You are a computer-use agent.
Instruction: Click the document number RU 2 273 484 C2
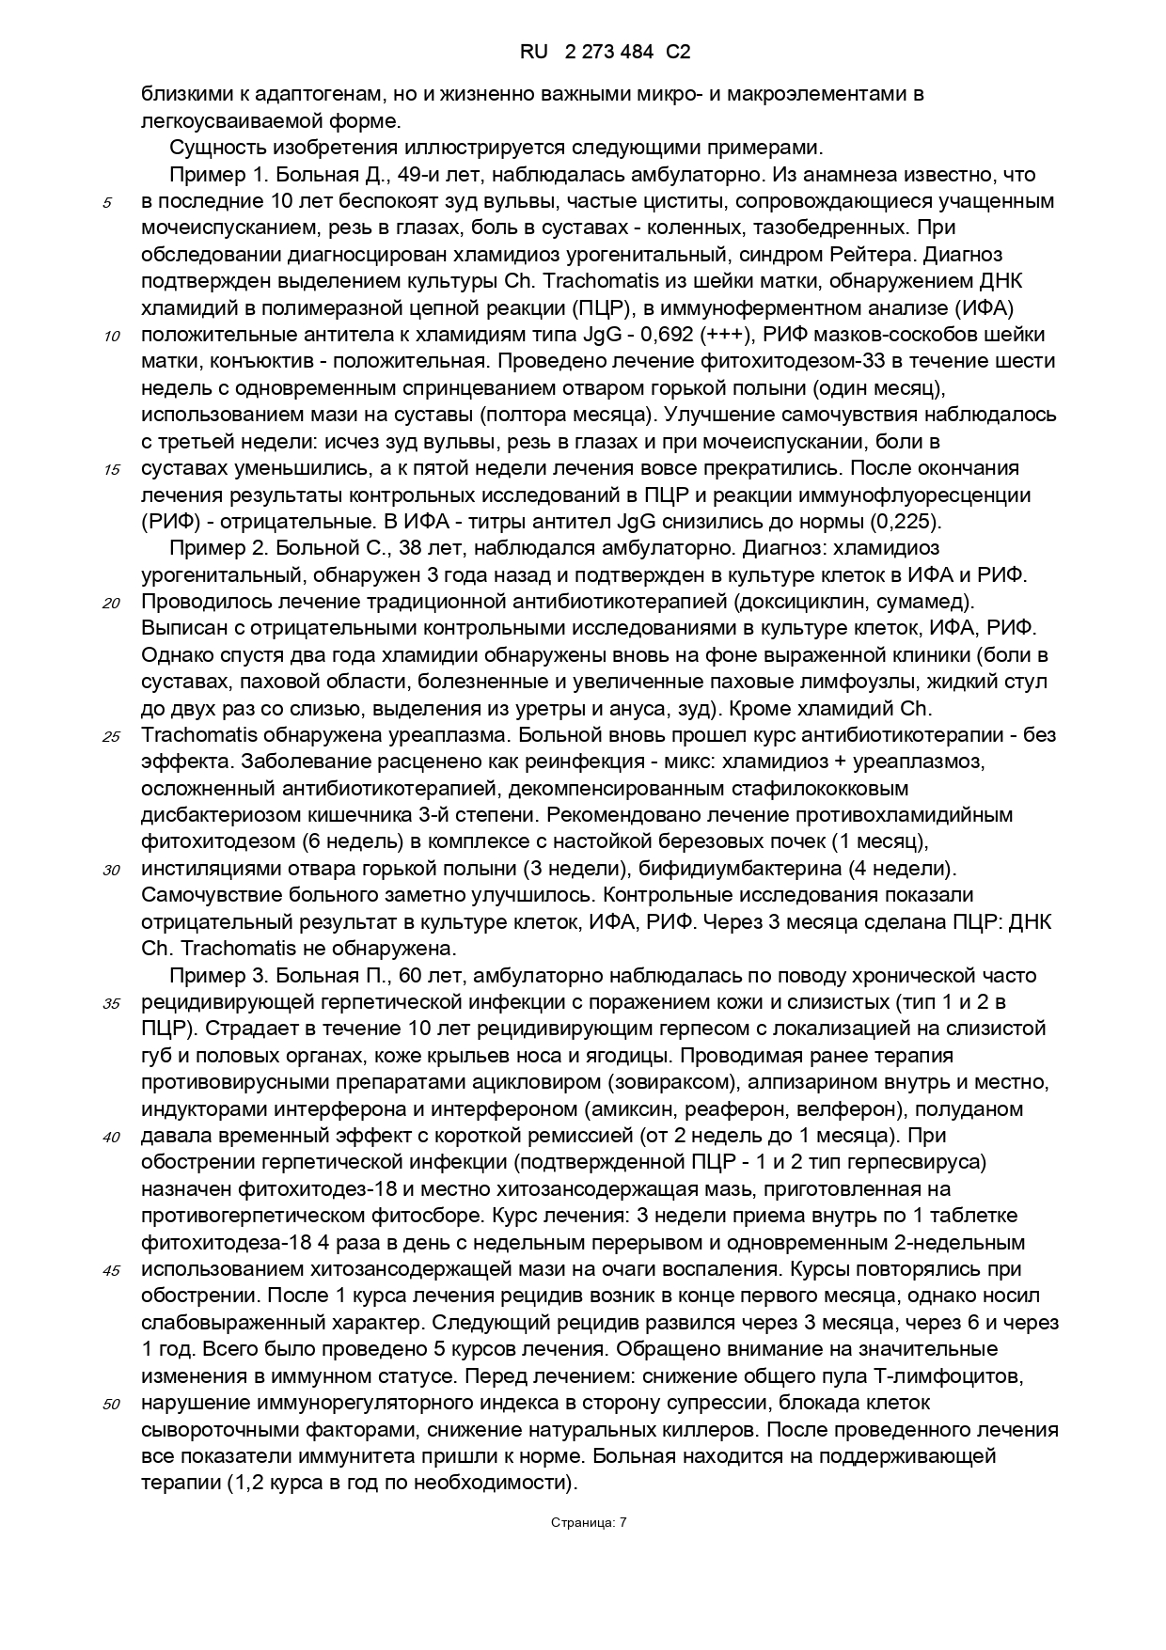point(605,53)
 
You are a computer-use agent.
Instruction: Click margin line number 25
point(111,736)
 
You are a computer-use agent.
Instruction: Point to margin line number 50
point(111,1405)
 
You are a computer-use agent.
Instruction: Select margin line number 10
point(111,336)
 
